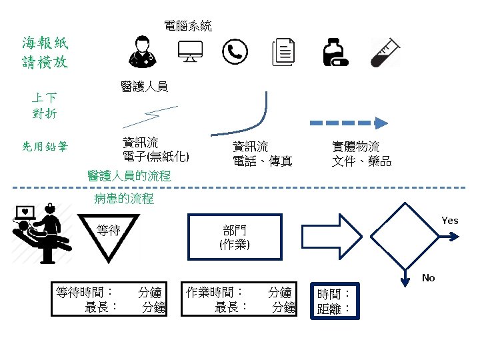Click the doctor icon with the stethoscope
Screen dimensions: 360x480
click(142, 51)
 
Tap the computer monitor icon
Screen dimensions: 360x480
click(190, 51)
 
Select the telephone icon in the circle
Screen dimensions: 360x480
click(235, 51)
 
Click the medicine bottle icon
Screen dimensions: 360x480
click(334, 51)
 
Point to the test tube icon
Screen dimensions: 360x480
click(385, 51)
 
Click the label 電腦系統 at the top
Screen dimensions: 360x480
click(188, 27)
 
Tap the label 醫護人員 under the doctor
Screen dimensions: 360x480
click(144, 86)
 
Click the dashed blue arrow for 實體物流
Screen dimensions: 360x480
click(350, 123)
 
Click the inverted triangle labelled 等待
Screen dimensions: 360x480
click(109, 237)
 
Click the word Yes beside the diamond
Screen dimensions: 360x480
click(450, 221)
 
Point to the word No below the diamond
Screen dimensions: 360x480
click(428, 278)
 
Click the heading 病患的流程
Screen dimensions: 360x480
click(124, 199)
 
